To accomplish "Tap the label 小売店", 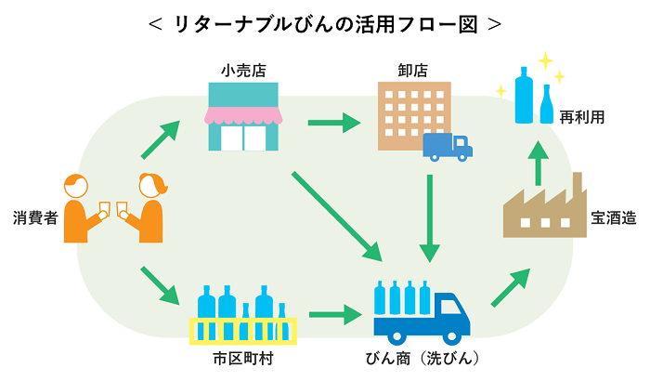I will point(240,70).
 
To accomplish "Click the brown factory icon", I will point(543,206).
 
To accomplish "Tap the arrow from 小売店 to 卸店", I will point(333,122).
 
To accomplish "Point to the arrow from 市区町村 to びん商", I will point(334,315).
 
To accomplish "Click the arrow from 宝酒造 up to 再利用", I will point(536,162).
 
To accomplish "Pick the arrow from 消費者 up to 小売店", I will point(160,139).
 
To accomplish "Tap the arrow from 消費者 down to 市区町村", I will point(160,285).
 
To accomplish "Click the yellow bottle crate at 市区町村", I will point(241,330).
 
